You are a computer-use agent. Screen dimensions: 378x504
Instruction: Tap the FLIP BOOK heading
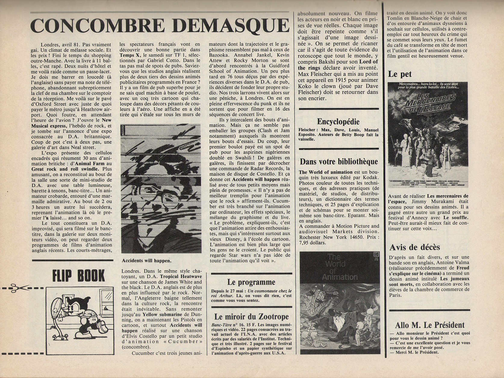pos(79,275)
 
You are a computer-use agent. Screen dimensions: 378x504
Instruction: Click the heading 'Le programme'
pos(251,282)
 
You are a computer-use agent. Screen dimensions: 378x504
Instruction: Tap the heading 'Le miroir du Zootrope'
pos(251,317)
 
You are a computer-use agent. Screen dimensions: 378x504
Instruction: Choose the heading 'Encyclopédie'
pos(338,122)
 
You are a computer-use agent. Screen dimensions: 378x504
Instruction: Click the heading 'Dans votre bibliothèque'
pos(339,162)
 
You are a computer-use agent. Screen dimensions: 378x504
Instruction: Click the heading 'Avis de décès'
pos(415,247)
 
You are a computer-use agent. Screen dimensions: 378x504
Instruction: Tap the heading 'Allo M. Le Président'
pos(430,325)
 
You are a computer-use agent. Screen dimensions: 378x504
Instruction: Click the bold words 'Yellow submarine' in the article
pos(162,315)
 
